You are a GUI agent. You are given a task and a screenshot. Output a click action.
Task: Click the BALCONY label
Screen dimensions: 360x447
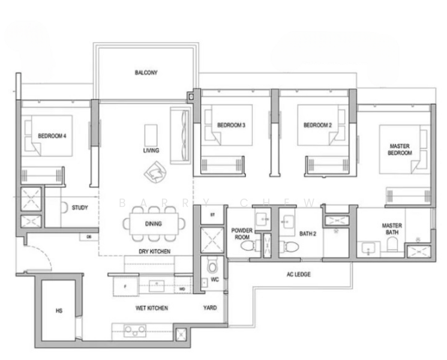[x=146, y=73]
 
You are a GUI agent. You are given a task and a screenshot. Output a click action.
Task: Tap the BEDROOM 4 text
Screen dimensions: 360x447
[x=52, y=136]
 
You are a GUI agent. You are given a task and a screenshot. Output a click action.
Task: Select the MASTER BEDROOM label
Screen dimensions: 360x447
[x=400, y=149]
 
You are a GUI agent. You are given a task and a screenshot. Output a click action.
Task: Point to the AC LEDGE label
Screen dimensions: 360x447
[x=298, y=274]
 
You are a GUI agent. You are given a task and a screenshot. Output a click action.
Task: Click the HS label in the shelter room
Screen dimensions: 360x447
[x=59, y=311]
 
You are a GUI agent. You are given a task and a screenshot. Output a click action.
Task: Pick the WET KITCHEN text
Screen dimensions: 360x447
[x=152, y=308]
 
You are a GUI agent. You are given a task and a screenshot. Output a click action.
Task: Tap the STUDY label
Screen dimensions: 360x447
[x=80, y=208]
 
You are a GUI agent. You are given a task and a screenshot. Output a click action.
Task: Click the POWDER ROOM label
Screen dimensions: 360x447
[x=244, y=232]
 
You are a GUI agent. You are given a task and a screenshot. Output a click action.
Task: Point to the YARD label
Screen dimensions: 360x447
[x=210, y=308]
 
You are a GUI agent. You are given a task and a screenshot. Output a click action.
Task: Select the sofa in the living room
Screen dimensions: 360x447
[x=179, y=135]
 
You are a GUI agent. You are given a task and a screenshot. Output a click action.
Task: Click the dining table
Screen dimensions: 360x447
[x=152, y=224]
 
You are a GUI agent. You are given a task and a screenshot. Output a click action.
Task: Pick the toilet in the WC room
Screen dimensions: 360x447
[x=212, y=266]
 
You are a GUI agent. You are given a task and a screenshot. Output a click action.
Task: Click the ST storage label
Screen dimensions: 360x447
[x=212, y=214]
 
